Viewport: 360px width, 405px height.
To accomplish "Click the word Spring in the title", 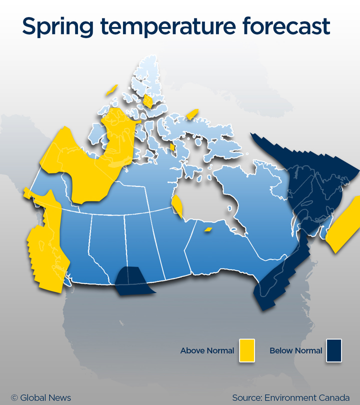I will point(56,26).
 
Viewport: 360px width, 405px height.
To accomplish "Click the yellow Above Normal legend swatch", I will point(247,350).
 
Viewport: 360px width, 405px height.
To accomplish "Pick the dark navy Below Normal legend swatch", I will point(333,350).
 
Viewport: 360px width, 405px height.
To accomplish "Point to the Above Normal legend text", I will point(207,350).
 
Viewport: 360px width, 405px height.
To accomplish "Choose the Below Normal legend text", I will point(296,350).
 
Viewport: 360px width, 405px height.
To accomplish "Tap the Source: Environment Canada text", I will point(290,398).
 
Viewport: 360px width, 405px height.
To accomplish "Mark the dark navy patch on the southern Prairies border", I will point(131,281).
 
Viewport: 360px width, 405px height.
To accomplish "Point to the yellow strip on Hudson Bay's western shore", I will point(177,206).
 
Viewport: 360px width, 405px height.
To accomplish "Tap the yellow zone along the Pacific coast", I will point(46,245).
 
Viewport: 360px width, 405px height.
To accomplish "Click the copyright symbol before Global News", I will point(14,398).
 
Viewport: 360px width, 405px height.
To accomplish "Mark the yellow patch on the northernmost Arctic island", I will point(148,101).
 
